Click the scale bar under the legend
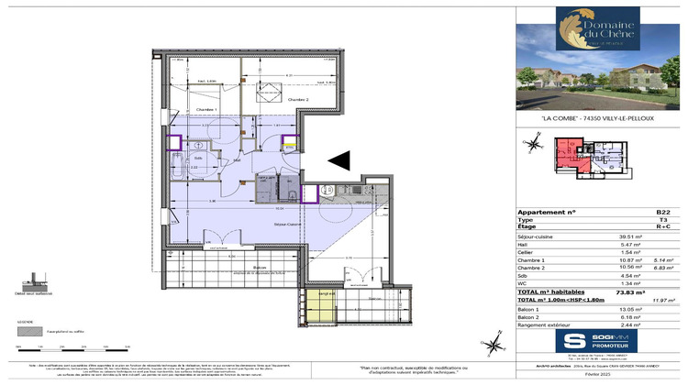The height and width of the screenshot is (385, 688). point(69,345)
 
